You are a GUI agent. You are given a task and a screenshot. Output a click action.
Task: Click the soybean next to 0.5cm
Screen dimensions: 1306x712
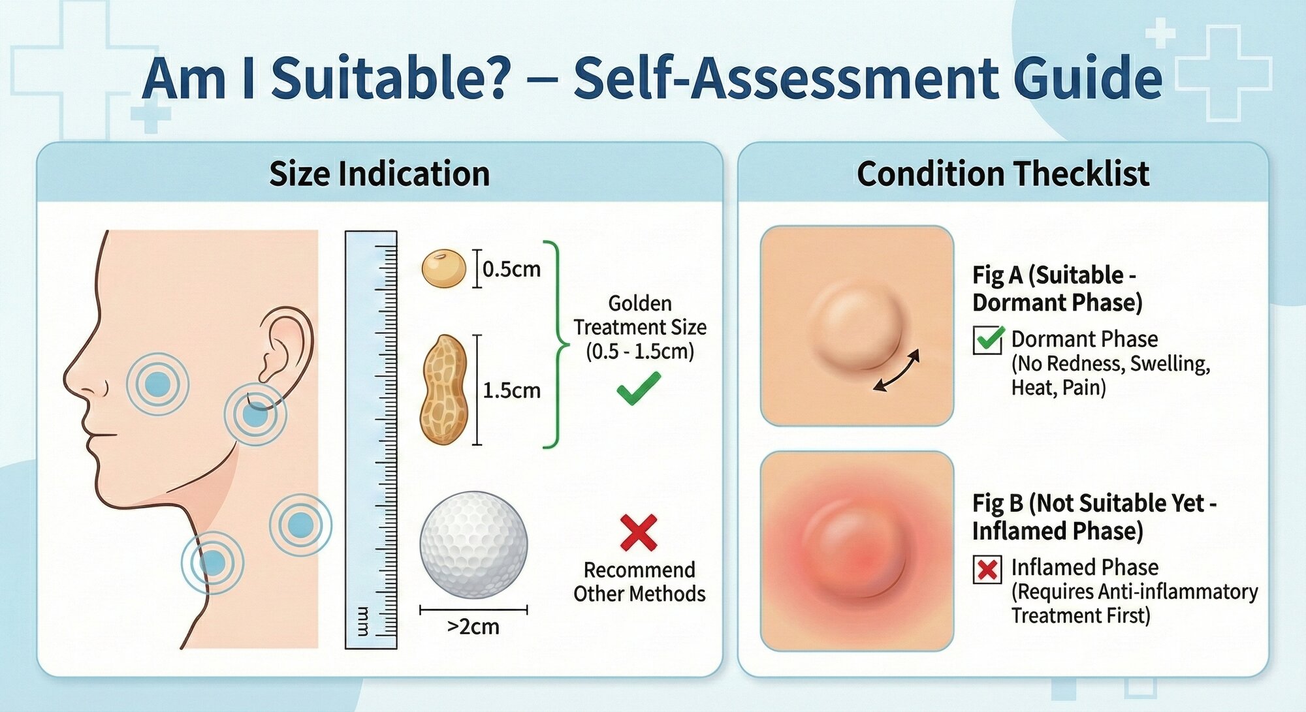[x=443, y=268]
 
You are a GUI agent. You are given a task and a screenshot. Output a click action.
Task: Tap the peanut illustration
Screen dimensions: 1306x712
[x=444, y=390]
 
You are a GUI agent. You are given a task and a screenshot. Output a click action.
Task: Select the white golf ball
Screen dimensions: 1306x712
[x=473, y=544]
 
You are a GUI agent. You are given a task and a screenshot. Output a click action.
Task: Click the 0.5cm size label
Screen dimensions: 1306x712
[x=511, y=269]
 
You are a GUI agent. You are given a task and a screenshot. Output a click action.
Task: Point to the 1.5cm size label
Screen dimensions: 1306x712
[x=511, y=390]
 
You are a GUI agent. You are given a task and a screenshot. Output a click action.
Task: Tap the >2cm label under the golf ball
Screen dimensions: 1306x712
[x=473, y=627]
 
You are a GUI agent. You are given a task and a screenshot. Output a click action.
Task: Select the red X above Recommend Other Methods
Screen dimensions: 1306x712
[x=639, y=533]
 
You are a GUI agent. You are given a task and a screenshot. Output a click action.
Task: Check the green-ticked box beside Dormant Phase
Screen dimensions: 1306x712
[x=987, y=339]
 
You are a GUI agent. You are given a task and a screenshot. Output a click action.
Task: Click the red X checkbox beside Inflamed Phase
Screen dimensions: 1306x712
[x=987, y=569]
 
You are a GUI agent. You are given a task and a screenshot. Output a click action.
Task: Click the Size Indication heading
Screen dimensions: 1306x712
[x=379, y=174]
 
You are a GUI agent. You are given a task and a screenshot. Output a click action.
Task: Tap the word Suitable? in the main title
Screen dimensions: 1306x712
[x=390, y=78]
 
